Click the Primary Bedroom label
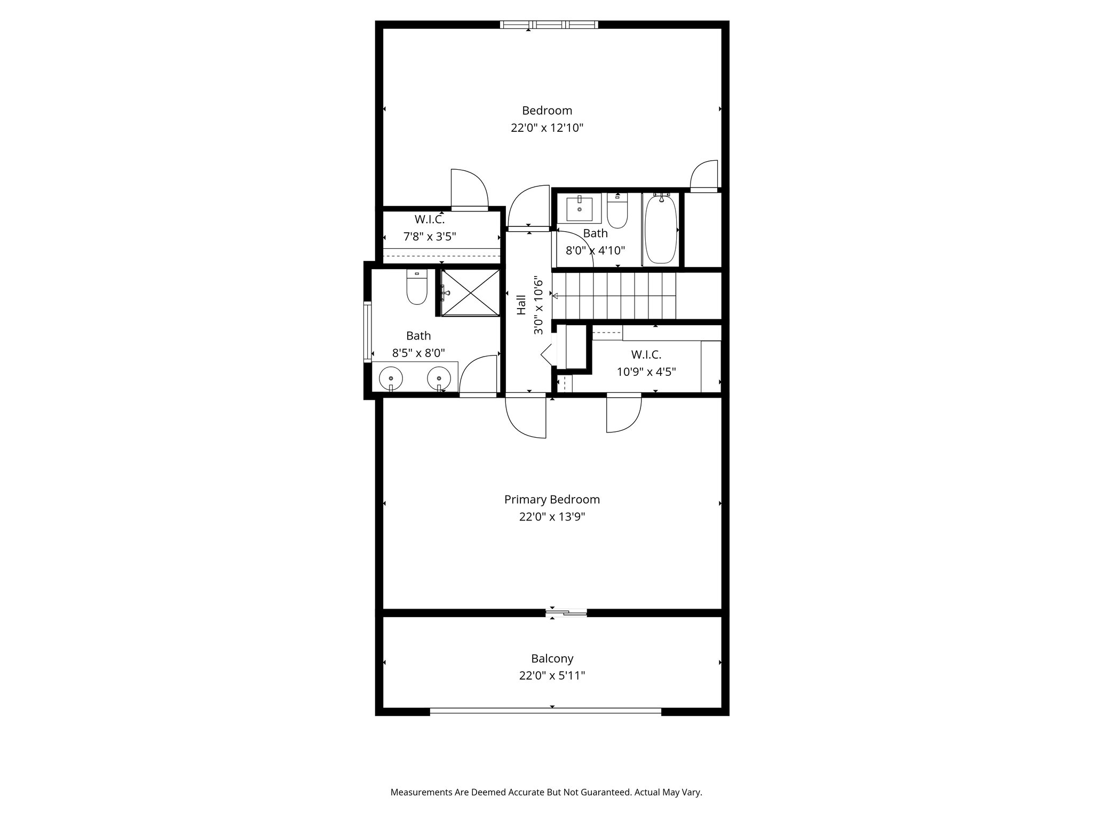coord(552,500)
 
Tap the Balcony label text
coord(552,659)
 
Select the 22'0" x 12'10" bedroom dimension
coord(547,128)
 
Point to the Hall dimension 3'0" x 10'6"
coord(538,307)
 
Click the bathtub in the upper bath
coord(661,230)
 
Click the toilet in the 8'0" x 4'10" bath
coord(618,211)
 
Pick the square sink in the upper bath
coord(579,208)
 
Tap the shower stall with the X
coord(470,293)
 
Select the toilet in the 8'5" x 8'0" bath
coord(417,287)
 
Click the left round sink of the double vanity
coord(391,378)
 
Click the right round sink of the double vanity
coord(439,378)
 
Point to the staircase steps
coord(614,296)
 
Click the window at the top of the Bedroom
coord(549,25)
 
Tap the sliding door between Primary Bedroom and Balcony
coord(566,613)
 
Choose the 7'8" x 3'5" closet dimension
coord(430,236)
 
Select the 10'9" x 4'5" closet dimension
coord(646,372)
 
